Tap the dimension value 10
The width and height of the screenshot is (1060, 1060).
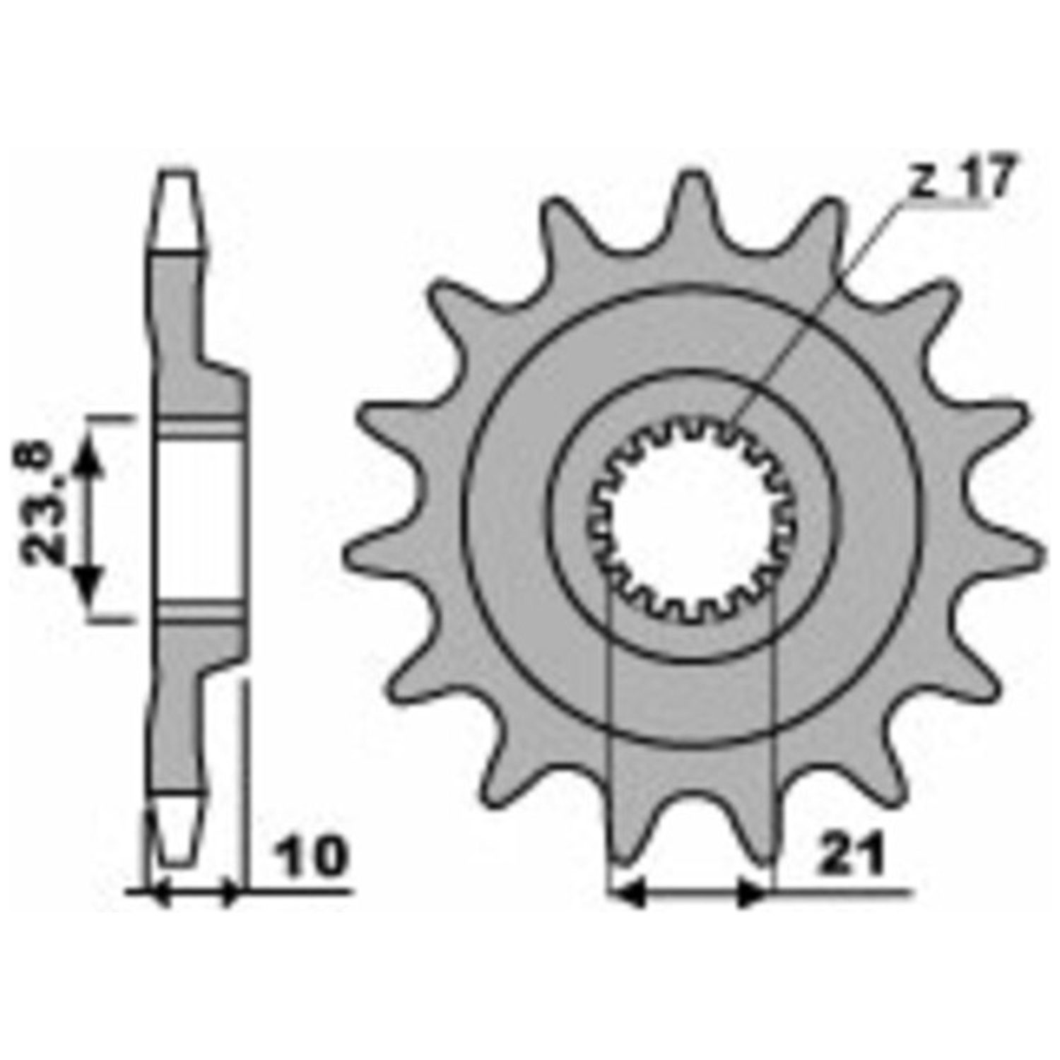308,856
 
